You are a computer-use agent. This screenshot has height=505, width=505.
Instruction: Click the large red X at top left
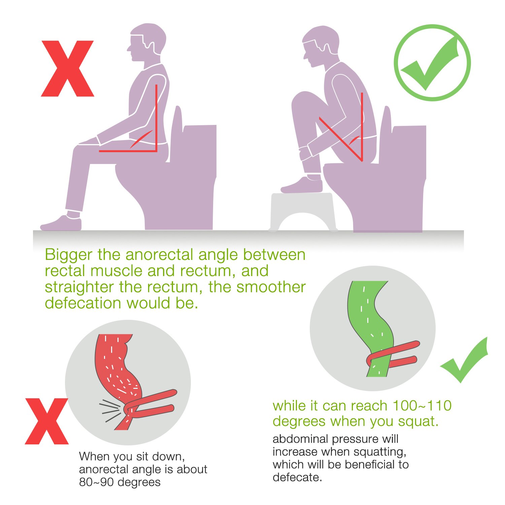tap(67, 69)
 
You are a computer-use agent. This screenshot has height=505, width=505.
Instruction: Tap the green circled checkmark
tap(432, 63)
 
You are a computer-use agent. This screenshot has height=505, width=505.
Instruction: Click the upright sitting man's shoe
tap(61, 223)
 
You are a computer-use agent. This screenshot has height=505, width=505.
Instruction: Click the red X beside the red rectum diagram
tap(46, 421)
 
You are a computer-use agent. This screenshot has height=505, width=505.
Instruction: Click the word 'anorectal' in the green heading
tap(160, 255)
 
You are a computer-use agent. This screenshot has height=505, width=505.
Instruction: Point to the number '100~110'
tap(422, 406)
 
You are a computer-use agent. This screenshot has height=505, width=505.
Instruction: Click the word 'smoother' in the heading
tap(271, 287)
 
